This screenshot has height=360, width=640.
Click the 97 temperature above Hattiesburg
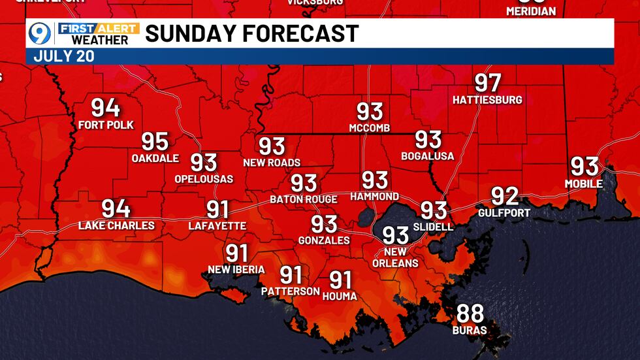(x=488, y=83)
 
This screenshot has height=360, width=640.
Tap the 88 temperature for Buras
(x=470, y=314)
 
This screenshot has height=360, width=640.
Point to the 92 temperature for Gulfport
(x=504, y=197)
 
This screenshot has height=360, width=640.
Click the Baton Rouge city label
(x=304, y=199)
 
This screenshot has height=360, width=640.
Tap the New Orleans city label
(x=395, y=257)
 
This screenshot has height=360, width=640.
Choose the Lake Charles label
(x=116, y=226)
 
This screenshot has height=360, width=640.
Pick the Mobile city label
(x=584, y=184)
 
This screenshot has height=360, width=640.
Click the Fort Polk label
(x=105, y=125)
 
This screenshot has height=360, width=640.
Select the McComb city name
(x=369, y=127)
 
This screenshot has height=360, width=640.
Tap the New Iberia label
(x=236, y=270)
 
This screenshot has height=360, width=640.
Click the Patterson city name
(x=291, y=291)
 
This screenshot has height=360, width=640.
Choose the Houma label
(x=340, y=297)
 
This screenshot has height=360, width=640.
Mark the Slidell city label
(x=433, y=227)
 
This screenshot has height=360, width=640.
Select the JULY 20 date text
(x=64, y=56)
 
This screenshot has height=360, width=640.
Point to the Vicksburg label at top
(x=315, y=3)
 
